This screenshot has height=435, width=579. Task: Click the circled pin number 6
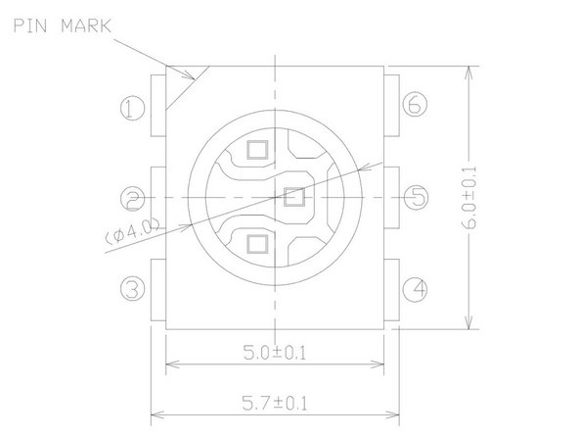(x=416, y=104)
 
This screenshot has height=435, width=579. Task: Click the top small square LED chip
(x=257, y=150)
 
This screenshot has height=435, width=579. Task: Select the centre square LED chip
(x=292, y=197)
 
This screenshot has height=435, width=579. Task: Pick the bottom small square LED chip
(x=257, y=243)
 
